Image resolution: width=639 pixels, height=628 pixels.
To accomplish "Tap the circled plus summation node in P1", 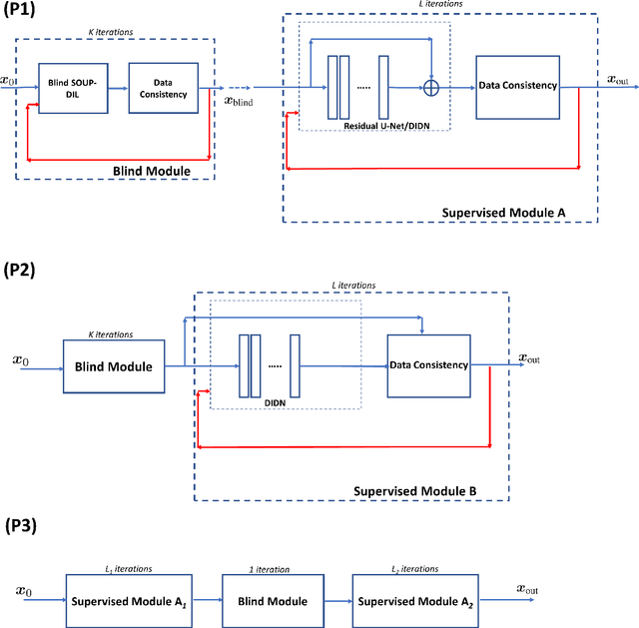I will pos(431,88).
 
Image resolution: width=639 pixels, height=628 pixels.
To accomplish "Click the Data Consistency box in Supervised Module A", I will pos(517,87).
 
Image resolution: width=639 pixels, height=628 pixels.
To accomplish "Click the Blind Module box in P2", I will pos(113,366).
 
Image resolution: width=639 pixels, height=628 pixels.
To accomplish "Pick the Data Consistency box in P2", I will pos(429,365).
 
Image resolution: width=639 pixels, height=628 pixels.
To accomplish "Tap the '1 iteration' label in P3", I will pos(269,568).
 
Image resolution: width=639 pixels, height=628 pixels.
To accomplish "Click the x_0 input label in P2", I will pos(21,358).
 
